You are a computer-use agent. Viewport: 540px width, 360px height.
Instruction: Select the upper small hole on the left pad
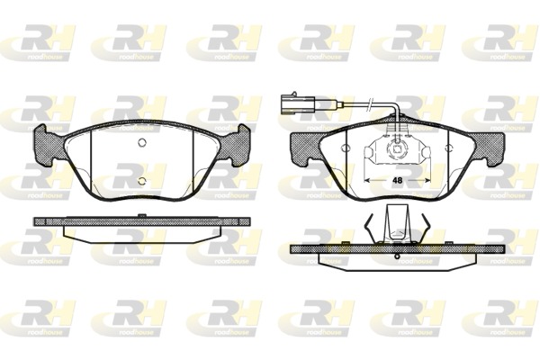click(x=140, y=146)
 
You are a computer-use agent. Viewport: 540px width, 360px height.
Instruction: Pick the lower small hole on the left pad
click(x=140, y=180)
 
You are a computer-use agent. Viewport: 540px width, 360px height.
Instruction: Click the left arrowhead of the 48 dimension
click(x=365, y=179)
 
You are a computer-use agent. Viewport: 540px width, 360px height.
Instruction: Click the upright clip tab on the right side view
click(x=393, y=222)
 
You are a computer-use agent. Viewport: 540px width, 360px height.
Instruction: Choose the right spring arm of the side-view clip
click(x=418, y=228)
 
